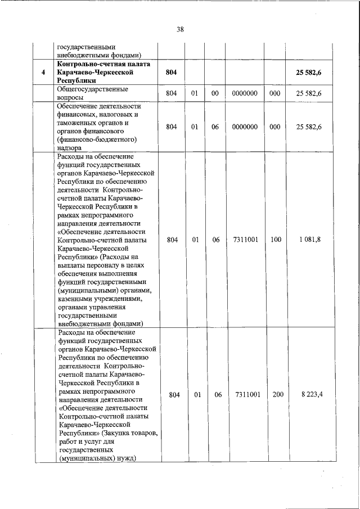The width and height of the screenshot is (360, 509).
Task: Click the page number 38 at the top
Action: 180,29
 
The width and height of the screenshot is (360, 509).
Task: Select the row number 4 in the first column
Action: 43,73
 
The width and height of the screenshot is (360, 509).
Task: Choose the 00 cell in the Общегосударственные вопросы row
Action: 215,93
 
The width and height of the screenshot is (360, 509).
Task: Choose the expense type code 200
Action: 278,395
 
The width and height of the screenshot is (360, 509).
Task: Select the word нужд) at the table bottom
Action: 127,458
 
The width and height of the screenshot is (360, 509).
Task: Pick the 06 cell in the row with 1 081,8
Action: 215,240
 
